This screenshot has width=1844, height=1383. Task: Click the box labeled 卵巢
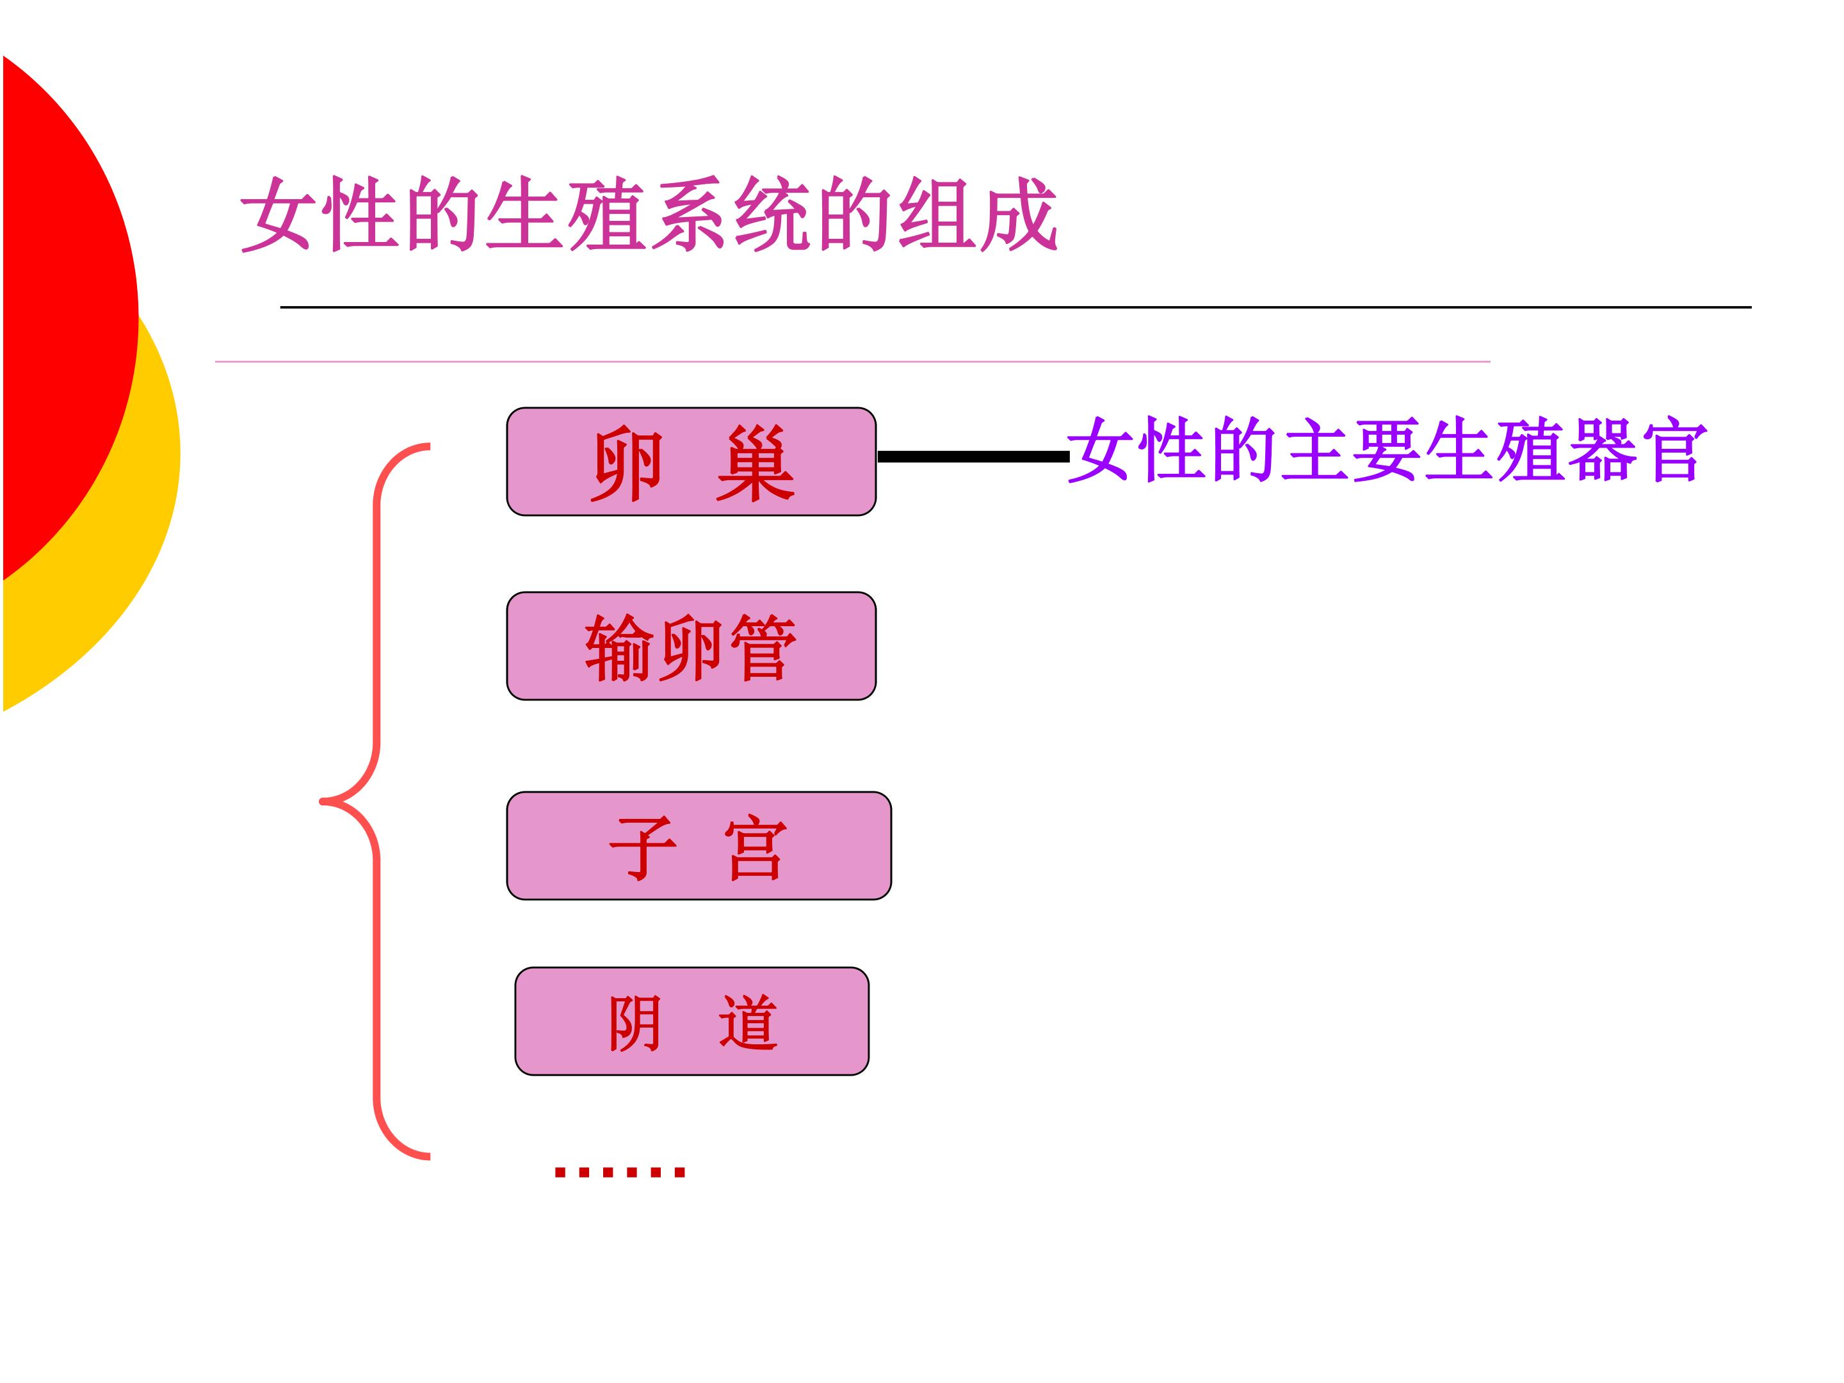691,461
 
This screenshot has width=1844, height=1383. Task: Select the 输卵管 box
691,646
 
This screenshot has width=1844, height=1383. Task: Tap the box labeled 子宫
699,845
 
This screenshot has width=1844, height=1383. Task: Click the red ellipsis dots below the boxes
619,1171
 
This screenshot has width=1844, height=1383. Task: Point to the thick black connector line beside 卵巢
972,456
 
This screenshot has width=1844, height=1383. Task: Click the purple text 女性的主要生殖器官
1386,450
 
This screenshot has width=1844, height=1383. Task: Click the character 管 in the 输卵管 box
763,648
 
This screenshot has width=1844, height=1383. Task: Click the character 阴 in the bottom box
635,1023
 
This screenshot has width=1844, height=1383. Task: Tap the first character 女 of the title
279,214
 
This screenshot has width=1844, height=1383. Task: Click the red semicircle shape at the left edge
67,317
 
